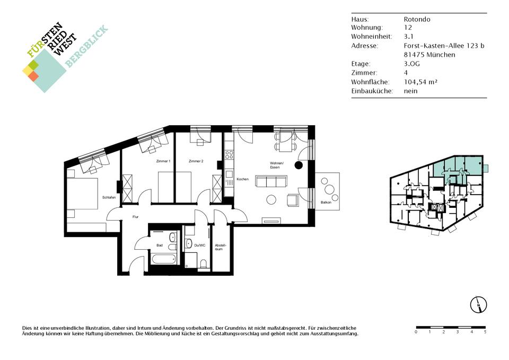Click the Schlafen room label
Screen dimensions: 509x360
pos(109,197)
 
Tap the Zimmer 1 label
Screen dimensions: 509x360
pos(163,161)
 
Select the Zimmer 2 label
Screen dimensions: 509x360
pos(196,161)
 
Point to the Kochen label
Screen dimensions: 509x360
pos(242,179)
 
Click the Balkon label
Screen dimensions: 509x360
pos(326,202)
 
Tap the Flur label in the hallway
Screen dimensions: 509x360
pos(135,216)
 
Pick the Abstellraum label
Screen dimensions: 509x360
pos(220,247)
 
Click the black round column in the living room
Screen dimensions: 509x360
pos(299,165)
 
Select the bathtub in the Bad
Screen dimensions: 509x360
pos(164,259)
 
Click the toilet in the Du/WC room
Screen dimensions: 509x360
pos(204,264)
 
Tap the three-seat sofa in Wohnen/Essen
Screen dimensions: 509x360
pos(271,181)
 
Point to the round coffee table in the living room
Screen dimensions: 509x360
pos(271,199)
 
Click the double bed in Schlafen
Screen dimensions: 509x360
pos(83,194)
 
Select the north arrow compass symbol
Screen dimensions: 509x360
pos(478,305)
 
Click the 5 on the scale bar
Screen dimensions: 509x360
pos(485,332)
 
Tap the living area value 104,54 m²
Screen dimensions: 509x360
pos(420,82)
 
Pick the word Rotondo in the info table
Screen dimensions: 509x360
pos(417,19)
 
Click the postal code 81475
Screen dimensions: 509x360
pos(414,55)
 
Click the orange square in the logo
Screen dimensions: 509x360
pos(33,76)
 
